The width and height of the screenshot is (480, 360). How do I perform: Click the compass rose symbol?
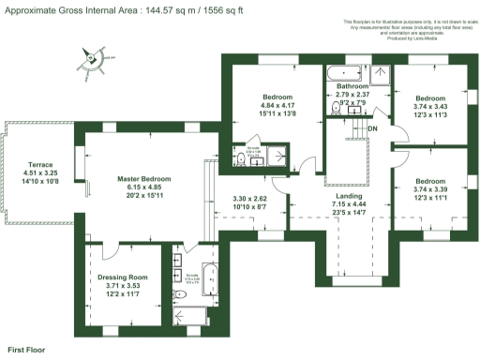91,59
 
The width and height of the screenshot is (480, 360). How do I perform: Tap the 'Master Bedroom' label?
143,178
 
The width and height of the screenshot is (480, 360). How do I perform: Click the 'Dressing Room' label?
124,277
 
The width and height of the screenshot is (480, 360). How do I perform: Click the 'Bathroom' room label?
353,85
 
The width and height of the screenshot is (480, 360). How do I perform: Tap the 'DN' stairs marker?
372,127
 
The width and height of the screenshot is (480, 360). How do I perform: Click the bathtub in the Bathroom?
347,71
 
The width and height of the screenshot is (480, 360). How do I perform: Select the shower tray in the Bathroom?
380,73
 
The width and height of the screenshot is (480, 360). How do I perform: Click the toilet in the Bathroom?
336,110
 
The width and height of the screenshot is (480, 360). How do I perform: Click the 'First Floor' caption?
27,349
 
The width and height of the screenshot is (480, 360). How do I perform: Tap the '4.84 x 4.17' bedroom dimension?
277,105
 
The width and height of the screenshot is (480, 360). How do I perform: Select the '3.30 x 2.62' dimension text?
249,198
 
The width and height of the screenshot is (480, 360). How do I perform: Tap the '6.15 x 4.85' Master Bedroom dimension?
143,187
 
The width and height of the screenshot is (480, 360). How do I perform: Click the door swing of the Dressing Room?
105,249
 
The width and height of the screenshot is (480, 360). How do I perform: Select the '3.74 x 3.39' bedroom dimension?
430,188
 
